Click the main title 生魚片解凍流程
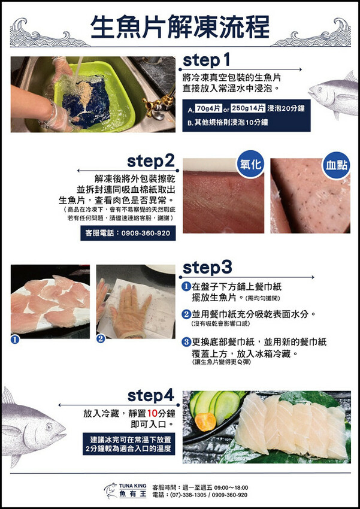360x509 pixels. click(180, 27)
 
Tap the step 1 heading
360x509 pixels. click(207, 60)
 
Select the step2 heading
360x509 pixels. click(150, 161)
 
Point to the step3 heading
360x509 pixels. click(207, 268)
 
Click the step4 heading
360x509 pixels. click(151, 396)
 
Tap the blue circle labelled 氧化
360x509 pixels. click(250, 165)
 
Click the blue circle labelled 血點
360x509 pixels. click(337, 165)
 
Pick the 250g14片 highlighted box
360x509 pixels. click(249, 109)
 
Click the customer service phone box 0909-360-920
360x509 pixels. click(128, 233)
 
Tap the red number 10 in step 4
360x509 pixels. click(152, 414)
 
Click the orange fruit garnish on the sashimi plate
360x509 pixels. click(205, 422)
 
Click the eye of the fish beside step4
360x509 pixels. click(49, 426)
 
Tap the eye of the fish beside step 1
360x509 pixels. click(320, 87)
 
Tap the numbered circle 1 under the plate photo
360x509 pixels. click(15, 340)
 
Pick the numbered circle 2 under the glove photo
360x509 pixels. click(101, 339)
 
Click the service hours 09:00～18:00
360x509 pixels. click(231, 487)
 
